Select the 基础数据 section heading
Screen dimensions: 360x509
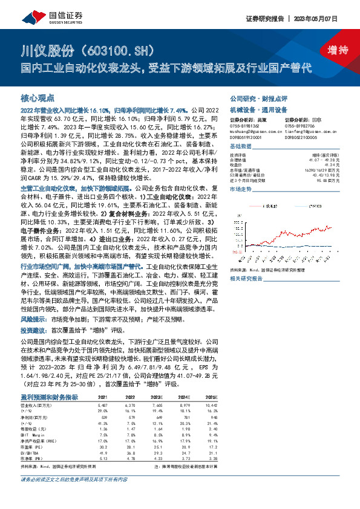240,147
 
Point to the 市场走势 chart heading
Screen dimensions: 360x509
240,189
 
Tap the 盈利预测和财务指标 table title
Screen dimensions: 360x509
49,396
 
